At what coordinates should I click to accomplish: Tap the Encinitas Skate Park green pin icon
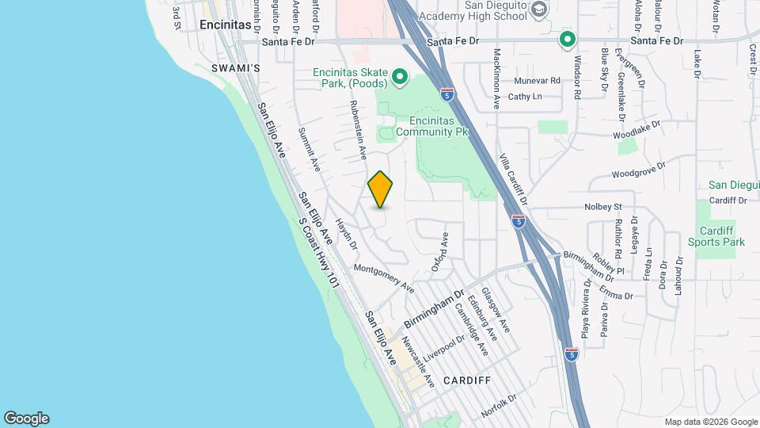click(x=400, y=77)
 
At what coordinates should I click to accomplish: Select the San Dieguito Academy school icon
click(x=540, y=10)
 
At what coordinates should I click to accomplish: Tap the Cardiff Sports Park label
click(x=716, y=236)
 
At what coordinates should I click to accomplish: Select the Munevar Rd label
click(x=537, y=81)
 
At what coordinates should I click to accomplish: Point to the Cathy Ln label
click(x=525, y=97)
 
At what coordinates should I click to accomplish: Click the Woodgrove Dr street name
click(x=639, y=171)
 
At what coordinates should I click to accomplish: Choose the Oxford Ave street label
click(x=440, y=252)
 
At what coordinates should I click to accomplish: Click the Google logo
click(x=26, y=418)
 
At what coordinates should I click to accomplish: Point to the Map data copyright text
click(x=710, y=422)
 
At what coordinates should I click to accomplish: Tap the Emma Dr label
click(x=617, y=295)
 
